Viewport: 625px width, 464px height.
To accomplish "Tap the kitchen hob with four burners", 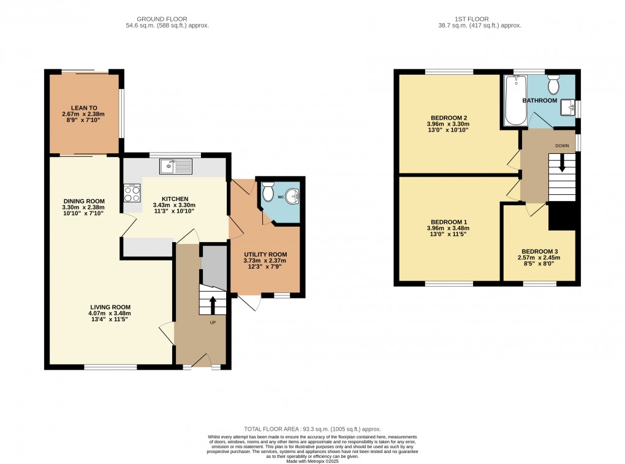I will tap(132, 193).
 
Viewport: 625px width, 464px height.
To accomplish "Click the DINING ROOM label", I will tap(84, 201).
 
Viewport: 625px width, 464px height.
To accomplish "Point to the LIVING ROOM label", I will tap(110, 307).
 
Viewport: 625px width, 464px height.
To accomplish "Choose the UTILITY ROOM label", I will tap(265, 254).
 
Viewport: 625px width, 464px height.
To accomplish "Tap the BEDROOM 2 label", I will tap(449, 118).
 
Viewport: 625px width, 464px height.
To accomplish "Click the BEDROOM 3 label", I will tap(539, 251).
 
